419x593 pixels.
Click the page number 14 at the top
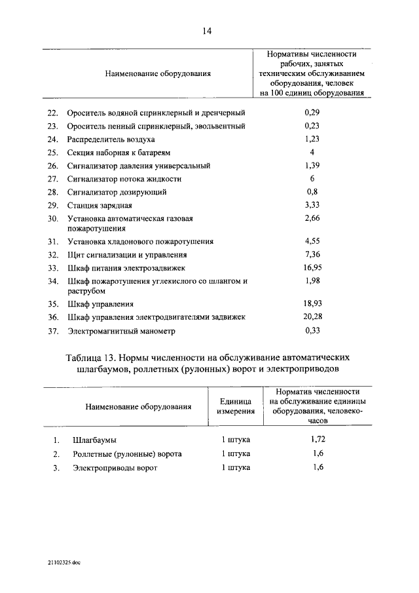208,30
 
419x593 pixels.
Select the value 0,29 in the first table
312,113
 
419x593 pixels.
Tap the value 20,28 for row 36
312,316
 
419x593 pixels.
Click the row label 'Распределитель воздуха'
111,140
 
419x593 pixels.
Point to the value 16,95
312,267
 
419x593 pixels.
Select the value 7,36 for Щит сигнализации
312,254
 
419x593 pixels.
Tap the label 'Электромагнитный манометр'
121,332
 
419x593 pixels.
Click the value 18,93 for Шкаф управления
312,303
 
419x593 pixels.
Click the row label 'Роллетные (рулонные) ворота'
127,454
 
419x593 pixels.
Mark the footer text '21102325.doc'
64,562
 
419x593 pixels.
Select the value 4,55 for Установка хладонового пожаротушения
312,241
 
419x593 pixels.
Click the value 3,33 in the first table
312,205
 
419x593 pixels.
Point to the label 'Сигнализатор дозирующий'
116,192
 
